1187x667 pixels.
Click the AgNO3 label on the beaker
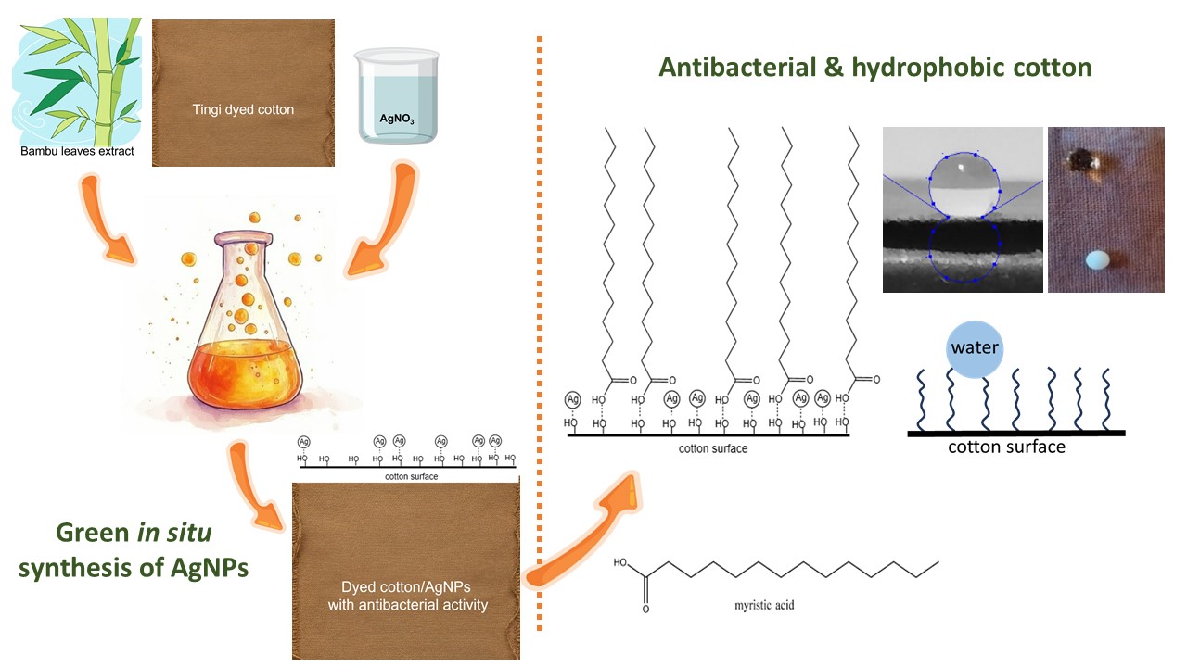397,119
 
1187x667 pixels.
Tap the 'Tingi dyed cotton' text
243,109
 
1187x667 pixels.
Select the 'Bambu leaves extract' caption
77,151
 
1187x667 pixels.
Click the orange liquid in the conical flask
245,373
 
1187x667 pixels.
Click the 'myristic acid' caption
764,605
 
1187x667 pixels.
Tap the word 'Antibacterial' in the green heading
737,68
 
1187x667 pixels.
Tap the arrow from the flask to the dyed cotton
253,485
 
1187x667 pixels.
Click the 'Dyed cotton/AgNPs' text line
406,586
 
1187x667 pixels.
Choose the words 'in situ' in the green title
174,533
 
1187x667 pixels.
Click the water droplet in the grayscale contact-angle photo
964,185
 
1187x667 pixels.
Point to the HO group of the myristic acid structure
620,562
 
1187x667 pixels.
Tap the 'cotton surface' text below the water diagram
1006,447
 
